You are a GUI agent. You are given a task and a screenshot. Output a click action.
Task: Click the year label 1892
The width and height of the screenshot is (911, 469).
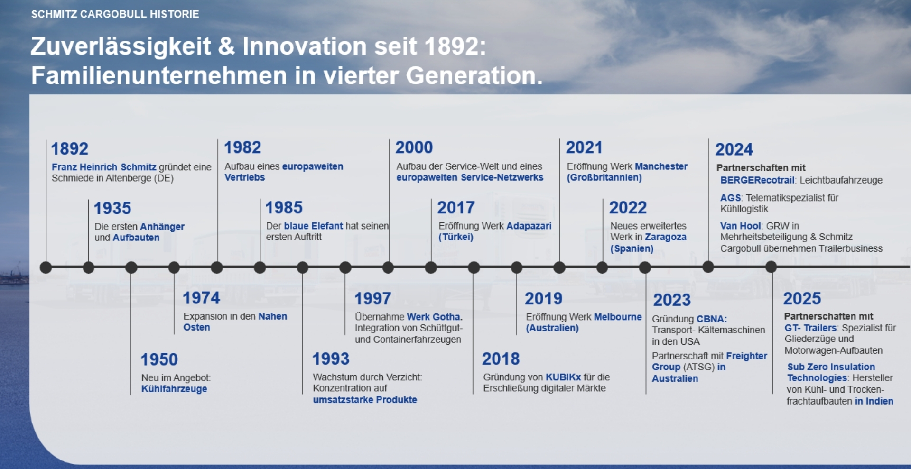(x=70, y=149)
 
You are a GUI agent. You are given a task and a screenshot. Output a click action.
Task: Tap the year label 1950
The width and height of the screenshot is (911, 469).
(x=159, y=359)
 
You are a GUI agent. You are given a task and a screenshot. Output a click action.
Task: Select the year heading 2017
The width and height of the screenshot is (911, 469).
(x=456, y=208)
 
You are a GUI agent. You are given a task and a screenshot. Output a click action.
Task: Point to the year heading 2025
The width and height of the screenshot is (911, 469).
(x=802, y=299)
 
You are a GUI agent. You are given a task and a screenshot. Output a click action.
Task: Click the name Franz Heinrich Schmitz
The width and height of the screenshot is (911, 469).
(x=104, y=167)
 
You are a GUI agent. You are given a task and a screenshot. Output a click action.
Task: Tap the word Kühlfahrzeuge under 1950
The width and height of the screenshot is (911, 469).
(x=174, y=389)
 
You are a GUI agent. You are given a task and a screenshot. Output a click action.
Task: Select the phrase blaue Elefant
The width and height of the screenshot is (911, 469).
(x=313, y=226)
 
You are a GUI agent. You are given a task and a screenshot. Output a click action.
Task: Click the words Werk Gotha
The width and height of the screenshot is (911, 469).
(x=434, y=317)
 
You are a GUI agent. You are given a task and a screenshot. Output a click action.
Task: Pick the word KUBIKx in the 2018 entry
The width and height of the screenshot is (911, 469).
(x=563, y=377)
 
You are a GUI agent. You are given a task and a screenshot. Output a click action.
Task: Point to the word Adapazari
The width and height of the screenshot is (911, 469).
(x=529, y=226)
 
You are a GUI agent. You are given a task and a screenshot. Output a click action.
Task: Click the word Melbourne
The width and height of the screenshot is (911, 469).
(x=618, y=317)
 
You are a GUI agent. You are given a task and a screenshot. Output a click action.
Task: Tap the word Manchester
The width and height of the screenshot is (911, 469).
(x=661, y=166)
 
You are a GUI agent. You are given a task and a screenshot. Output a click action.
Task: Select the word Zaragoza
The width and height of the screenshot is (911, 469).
(x=665, y=237)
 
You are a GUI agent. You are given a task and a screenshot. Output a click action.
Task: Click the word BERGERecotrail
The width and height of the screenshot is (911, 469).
(x=757, y=180)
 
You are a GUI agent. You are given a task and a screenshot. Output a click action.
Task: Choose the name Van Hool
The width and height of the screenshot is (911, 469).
(x=741, y=226)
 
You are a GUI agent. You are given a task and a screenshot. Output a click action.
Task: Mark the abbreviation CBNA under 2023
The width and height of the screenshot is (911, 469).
(x=712, y=319)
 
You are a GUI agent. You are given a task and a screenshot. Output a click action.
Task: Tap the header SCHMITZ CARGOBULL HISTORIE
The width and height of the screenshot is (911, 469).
(x=115, y=14)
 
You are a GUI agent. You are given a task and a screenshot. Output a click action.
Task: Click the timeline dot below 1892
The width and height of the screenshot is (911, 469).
(x=46, y=267)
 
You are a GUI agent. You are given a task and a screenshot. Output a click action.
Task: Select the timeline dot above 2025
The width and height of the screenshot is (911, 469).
(x=772, y=267)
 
